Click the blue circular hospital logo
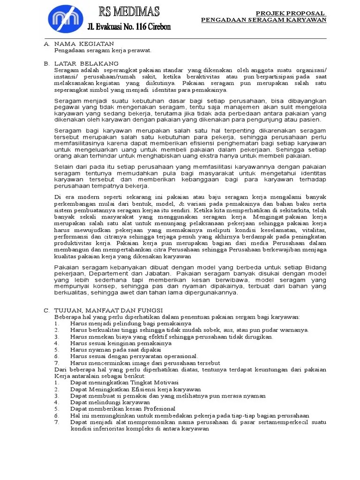tap(67, 19)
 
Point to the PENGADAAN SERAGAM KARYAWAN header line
tap(263, 20)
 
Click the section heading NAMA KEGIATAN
tap(84, 44)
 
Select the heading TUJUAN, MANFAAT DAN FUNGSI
tap(108, 310)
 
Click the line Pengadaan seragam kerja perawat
tap(103, 50)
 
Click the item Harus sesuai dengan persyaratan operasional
tap(134, 356)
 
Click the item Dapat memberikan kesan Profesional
tap(123, 409)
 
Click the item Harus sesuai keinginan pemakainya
tap(121, 343)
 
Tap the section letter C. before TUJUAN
tap(46, 310)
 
